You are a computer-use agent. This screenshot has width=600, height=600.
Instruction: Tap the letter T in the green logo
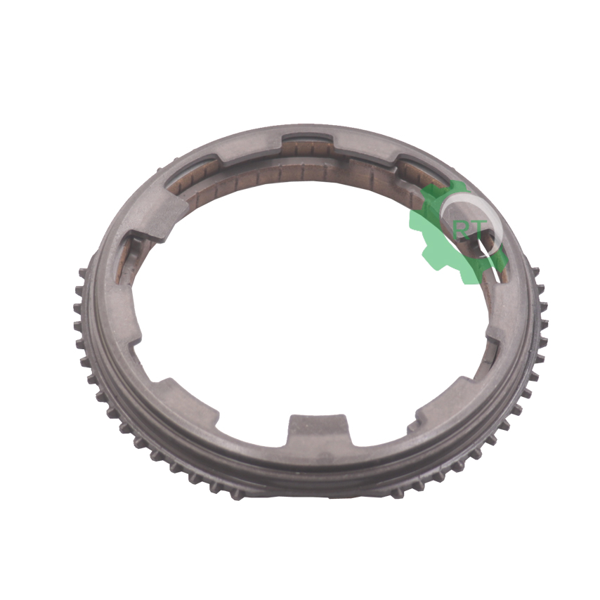coord(478,228)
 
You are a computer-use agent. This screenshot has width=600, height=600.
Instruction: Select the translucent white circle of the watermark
coord(471,225)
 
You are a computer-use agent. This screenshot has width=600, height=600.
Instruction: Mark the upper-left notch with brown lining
coord(193,173)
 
